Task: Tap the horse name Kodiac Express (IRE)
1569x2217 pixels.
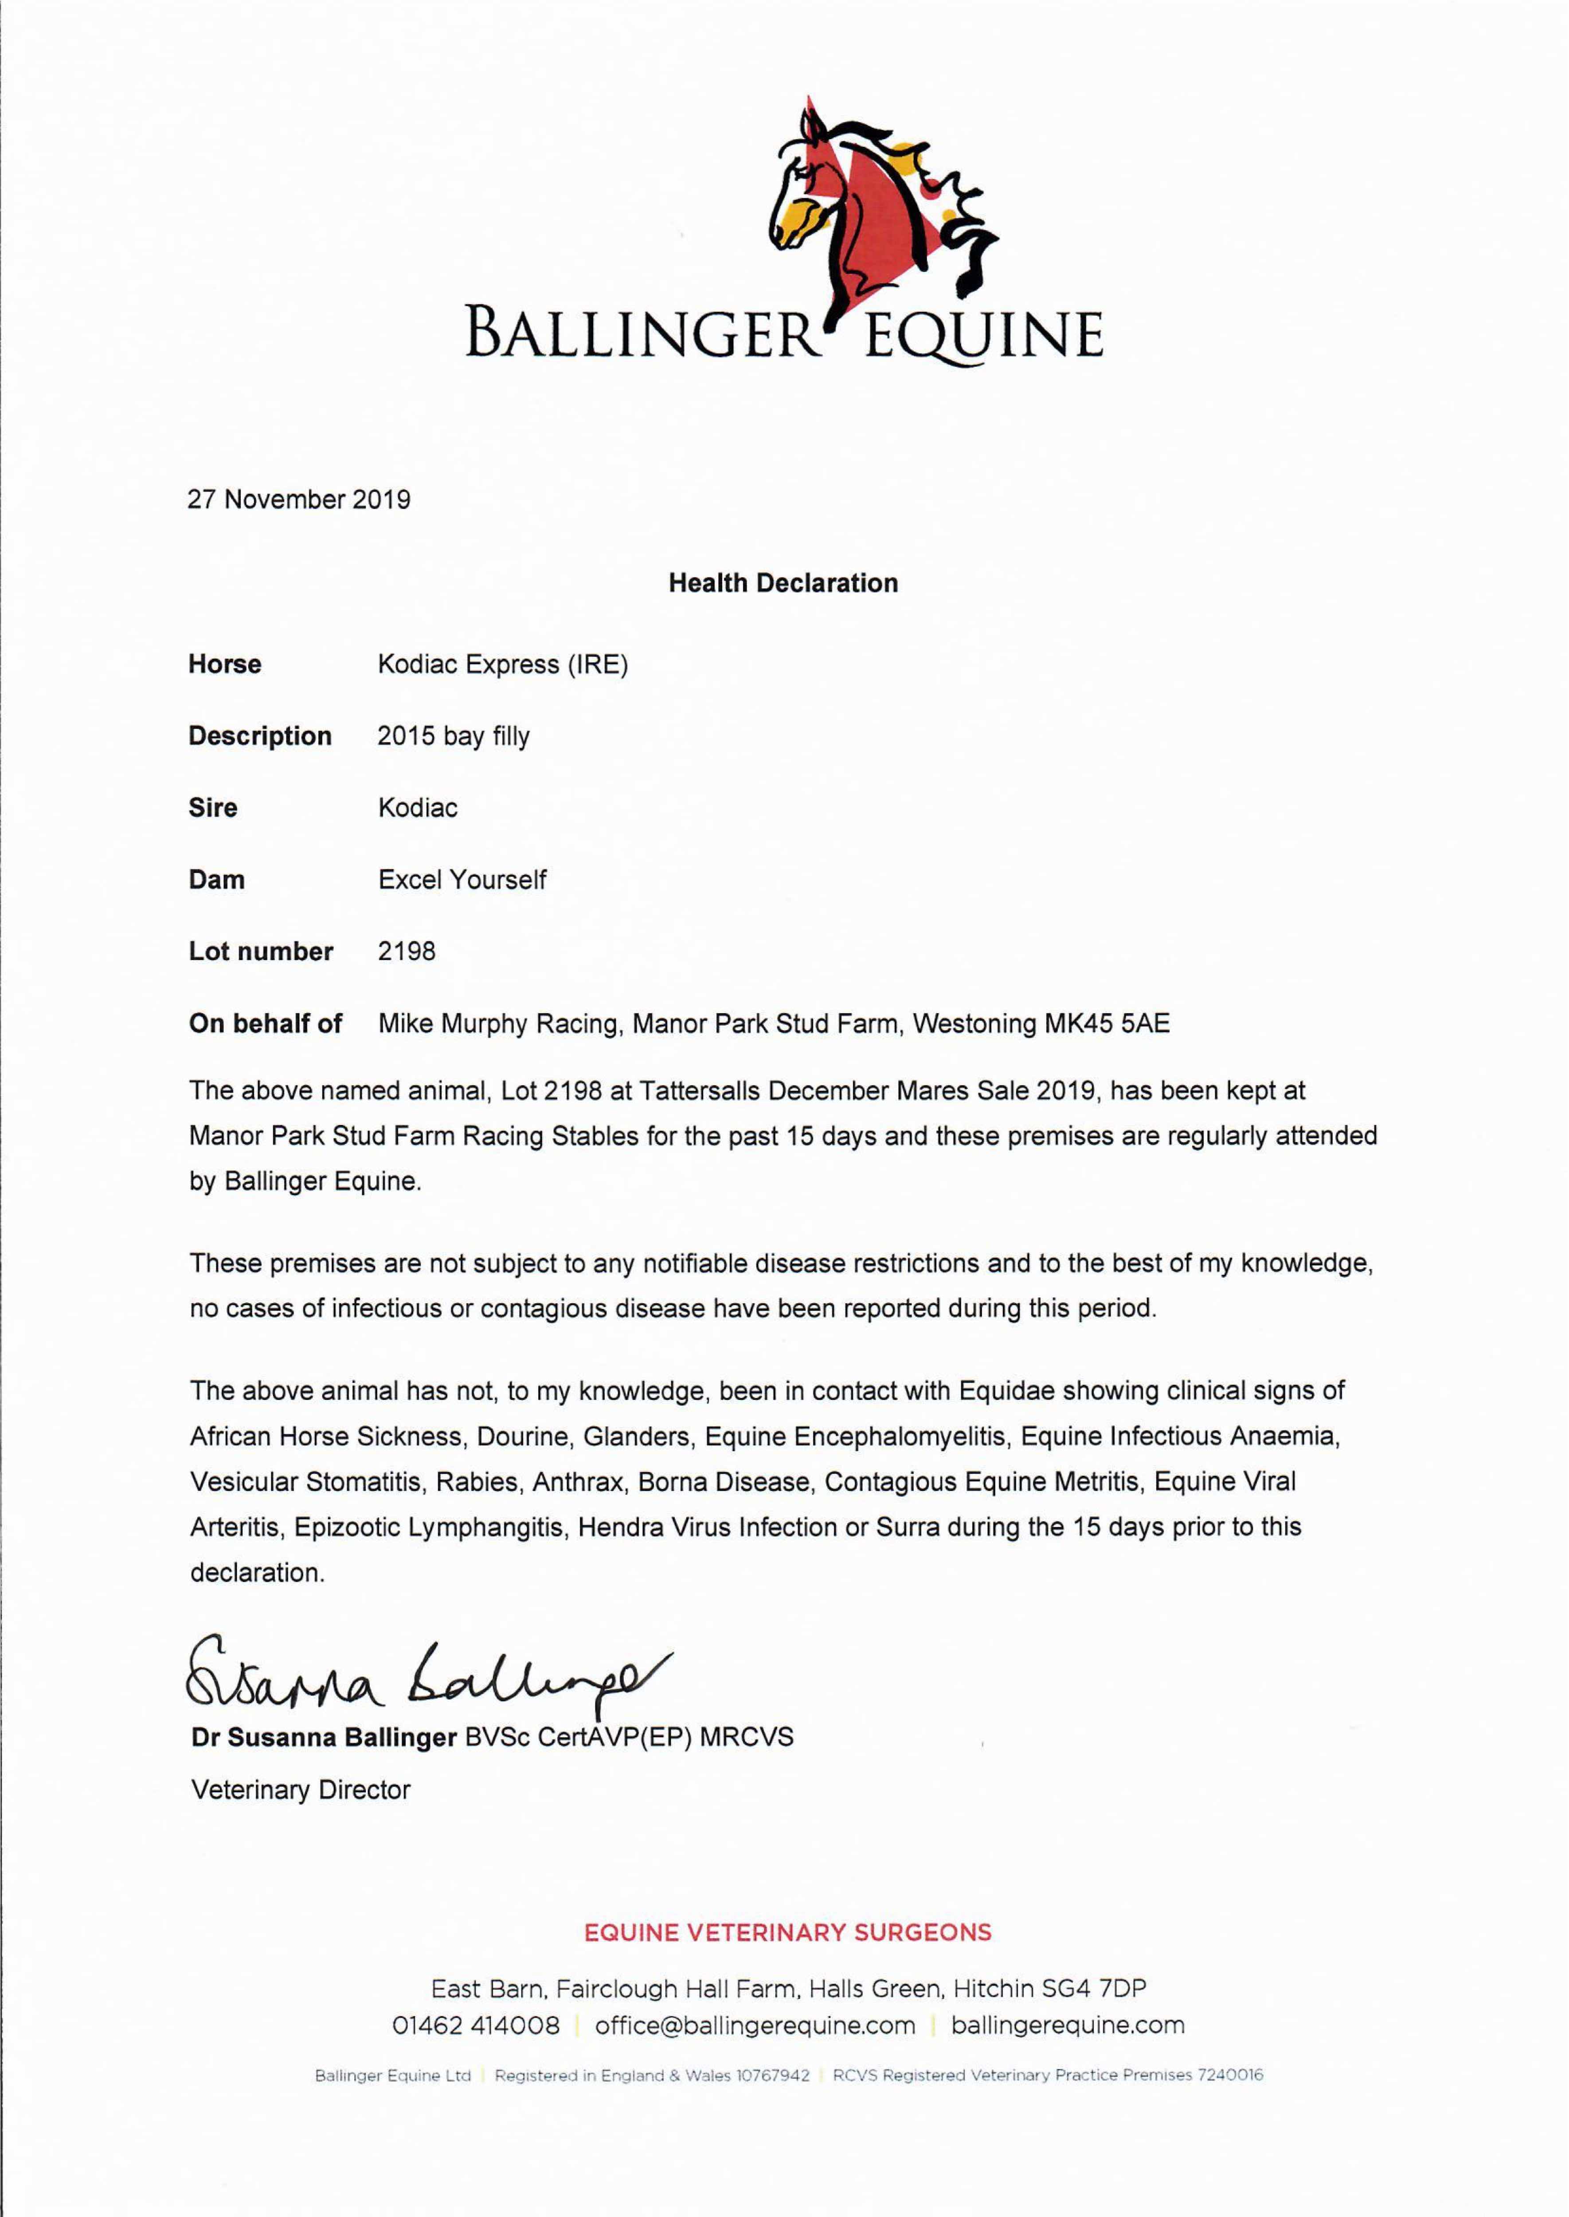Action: click(502, 665)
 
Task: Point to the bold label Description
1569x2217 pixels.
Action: click(260, 736)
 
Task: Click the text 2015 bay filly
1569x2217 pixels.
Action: click(453, 736)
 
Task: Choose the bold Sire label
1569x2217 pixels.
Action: click(212, 807)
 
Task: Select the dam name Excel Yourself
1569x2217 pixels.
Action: click(462, 880)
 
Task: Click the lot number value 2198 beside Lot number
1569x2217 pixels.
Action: click(407, 952)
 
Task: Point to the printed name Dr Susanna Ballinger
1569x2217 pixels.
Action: click(324, 1737)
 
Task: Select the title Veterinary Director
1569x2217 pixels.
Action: click(301, 1790)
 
